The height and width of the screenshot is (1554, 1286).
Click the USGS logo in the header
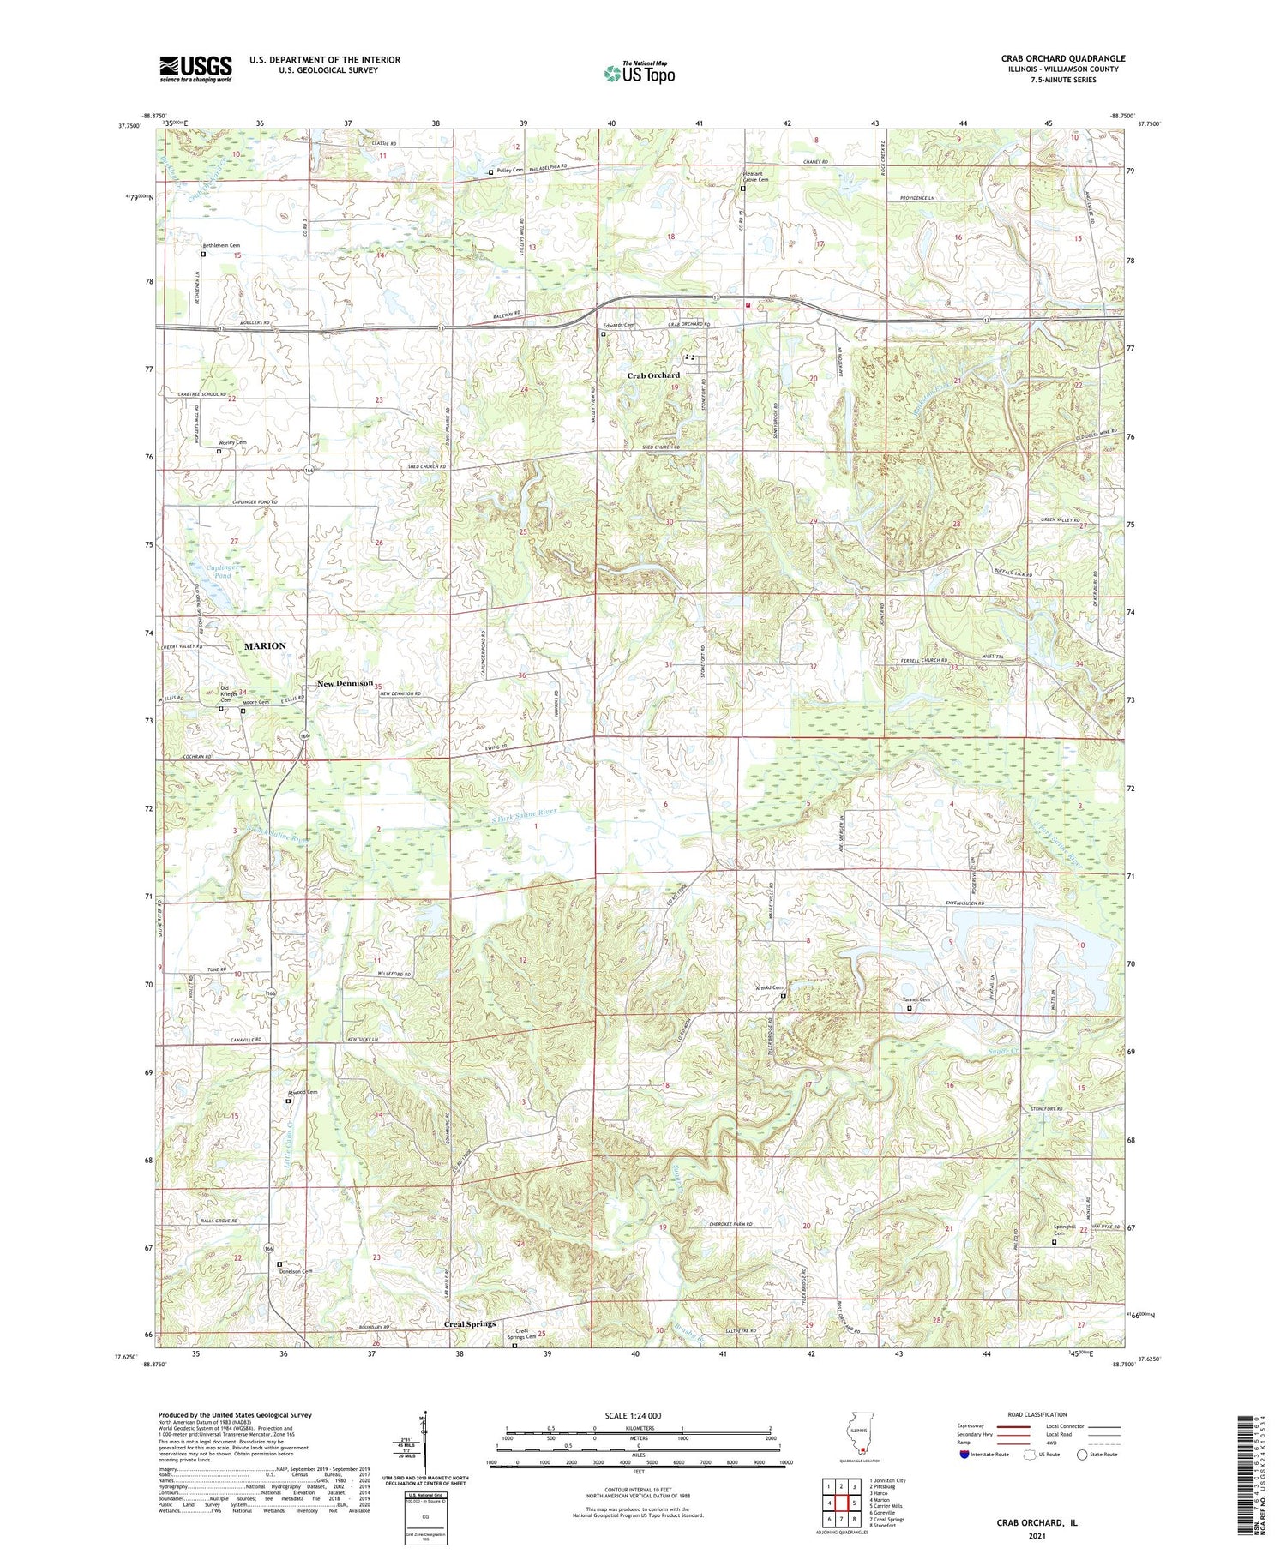(x=195, y=68)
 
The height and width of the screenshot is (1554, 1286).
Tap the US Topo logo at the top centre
(x=639, y=73)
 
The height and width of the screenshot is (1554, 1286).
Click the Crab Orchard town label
(x=653, y=375)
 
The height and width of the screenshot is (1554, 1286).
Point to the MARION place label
(x=265, y=645)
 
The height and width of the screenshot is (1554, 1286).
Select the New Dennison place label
(x=345, y=683)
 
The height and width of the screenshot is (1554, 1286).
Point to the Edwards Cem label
(x=617, y=326)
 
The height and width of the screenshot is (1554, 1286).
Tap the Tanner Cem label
(x=916, y=999)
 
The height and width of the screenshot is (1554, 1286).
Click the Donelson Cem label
(x=294, y=1271)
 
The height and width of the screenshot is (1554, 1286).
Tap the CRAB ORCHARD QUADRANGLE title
(x=1062, y=58)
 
